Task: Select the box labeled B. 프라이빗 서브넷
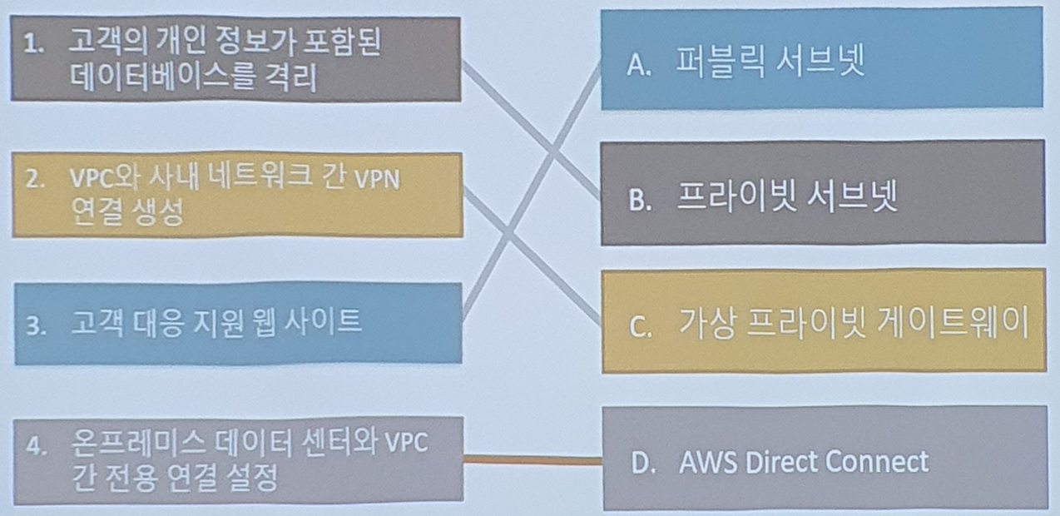pos(822,193)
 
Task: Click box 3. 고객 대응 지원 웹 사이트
pos(237,323)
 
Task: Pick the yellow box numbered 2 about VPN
pos(236,195)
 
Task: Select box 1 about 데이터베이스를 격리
pos(235,59)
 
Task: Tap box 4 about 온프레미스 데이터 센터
pos(237,460)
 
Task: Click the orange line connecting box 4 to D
pos(532,459)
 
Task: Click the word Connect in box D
pos(880,462)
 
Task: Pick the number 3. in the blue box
pos(35,325)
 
